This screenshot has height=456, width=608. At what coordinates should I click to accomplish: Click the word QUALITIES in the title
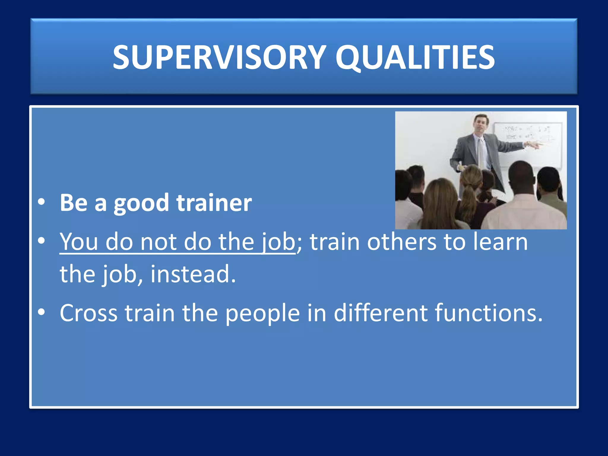coord(415,57)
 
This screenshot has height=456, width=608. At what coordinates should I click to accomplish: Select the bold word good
coord(141,203)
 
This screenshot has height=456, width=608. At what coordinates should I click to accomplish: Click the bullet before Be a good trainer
coord(42,202)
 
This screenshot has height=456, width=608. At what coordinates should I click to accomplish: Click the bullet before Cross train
coord(42,312)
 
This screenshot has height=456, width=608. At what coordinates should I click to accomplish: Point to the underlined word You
coord(79,242)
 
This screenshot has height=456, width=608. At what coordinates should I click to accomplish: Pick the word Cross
coord(88,313)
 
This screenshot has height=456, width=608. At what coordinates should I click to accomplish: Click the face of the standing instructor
coord(481,125)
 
